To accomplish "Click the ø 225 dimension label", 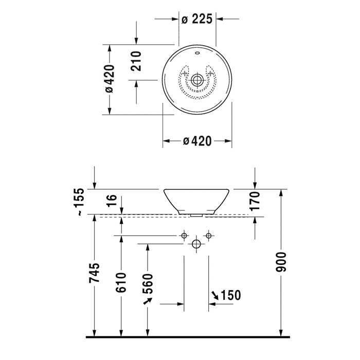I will click(x=197, y=20).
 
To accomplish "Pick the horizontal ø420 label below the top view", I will click(x=197, y=141).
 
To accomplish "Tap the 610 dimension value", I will click(x=121, y=282).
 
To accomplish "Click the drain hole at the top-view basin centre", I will click(x=197, y=80).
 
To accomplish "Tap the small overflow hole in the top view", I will click(x=197, y=53).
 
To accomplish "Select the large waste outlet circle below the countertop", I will click(x=196, y=244).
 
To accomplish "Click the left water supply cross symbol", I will click(x=184, y=236).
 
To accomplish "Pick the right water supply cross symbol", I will click(x=208, y=236).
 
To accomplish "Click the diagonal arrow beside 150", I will click(x=214, y=295).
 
